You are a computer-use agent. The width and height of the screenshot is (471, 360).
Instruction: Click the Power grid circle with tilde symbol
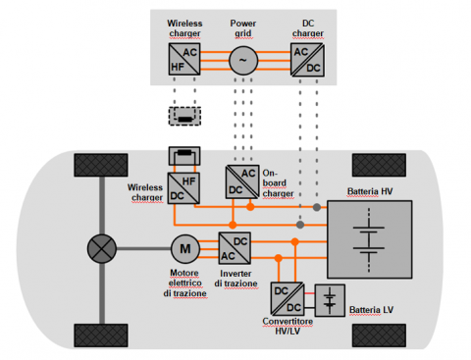point(243,61)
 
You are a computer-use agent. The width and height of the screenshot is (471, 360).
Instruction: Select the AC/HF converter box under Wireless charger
point(184,59)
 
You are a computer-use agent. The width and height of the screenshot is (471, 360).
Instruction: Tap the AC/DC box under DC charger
point(307,60)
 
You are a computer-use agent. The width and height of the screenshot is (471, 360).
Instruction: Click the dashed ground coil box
point(184,116)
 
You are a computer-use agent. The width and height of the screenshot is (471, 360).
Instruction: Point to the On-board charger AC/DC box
point(242,181)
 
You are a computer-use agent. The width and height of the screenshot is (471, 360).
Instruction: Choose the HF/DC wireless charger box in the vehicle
point(183,188)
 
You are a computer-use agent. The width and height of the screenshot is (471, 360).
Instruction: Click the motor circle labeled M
point(185,249)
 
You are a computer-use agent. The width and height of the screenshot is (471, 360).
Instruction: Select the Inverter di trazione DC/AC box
point(235,248)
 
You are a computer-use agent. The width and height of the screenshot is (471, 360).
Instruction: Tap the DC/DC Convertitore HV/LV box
point(288,299)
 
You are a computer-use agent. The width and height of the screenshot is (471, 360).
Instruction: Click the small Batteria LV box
point(330,300)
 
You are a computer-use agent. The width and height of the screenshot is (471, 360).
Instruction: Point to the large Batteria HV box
point(370,239)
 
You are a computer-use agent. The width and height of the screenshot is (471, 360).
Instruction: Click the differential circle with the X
point(102,248)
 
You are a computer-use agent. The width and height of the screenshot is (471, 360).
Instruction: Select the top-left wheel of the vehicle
point(101,165)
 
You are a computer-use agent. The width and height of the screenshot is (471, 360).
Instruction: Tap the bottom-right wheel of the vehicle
point(379,335)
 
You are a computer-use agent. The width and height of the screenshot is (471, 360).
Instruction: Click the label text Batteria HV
point(370,191)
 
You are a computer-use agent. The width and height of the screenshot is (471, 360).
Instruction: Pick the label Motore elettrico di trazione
point(184,283)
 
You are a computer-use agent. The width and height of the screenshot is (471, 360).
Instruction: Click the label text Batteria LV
point(371,310)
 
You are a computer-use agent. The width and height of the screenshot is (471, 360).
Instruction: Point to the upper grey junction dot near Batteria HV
point(317,207)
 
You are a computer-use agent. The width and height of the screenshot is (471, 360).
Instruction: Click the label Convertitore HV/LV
point(288,326)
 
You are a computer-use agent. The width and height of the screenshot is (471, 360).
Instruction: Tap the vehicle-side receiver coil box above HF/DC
point(184,156)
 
